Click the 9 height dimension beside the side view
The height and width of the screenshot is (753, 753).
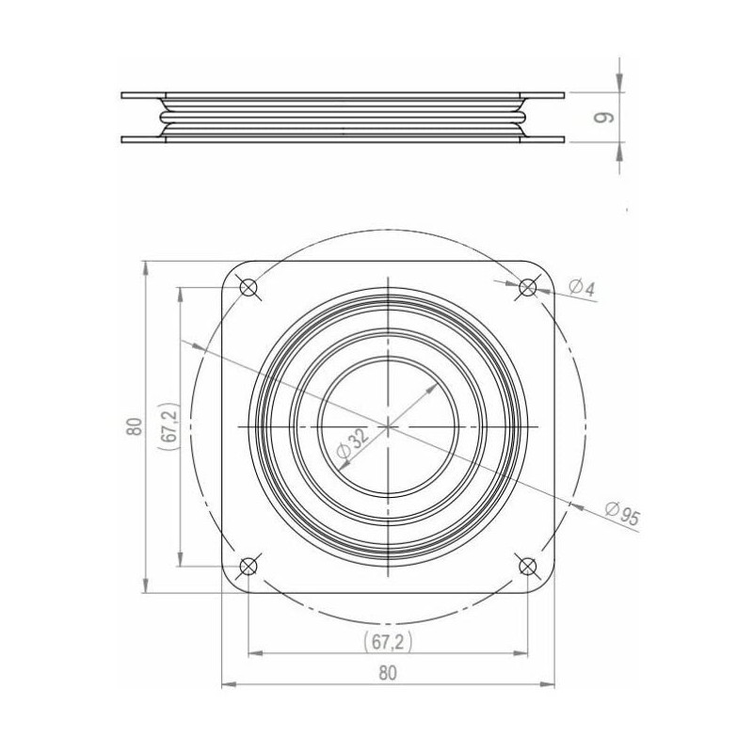(607, 117)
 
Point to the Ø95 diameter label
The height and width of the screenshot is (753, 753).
(623, 513)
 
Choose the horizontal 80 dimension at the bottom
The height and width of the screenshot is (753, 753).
(387, 672)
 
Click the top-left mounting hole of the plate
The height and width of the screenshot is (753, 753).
(248, 287)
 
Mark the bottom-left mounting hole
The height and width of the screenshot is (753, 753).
(248, 567)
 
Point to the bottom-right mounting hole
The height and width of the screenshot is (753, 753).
(528, 567)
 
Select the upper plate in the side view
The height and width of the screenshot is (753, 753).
(344, 94)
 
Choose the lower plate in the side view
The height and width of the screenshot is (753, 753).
(344, 139)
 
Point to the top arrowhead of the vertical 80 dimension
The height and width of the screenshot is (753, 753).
(144, 265)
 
